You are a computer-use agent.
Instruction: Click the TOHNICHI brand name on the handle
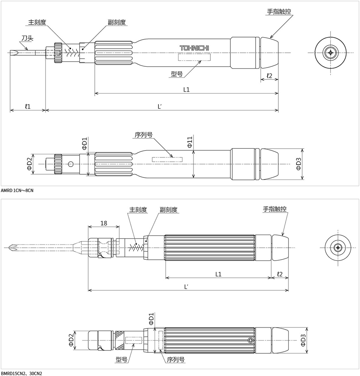coord(194,48)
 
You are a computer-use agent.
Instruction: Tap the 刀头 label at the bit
coord(27,38)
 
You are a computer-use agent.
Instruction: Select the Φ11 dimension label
coord(190,142)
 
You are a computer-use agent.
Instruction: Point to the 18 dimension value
coord(104,223)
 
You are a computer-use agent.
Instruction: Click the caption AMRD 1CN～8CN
coord(17,191)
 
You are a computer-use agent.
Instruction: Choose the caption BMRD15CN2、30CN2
coord(21,373)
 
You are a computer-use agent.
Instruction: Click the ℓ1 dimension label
coord(28,106)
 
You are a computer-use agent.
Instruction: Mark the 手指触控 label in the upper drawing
coord(279,12)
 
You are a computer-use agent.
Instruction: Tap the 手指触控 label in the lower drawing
coord(274,209)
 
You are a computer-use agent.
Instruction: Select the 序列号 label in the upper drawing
coord(144,135)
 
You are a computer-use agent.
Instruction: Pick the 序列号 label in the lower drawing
coord(176,360)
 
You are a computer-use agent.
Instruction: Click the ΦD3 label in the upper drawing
coord(298,164)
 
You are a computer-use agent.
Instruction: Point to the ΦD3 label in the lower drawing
coord(303,340)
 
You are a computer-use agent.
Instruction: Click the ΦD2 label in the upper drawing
coord(29,164)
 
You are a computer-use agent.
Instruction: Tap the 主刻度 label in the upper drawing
coord(37,22)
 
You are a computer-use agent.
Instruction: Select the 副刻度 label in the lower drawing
coord(169,210)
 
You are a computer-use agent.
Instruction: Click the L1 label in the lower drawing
coord(218,274)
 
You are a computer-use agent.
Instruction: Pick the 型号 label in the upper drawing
coord(177,74)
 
